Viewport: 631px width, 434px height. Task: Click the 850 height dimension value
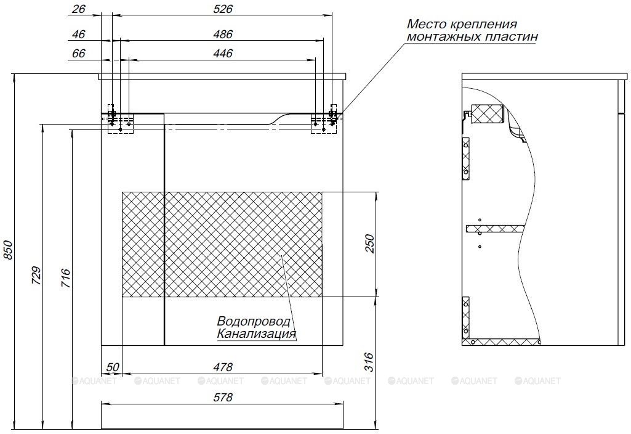[9, 250]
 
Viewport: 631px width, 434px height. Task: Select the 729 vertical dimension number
[36, 276]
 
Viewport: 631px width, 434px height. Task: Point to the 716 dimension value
[66, 278]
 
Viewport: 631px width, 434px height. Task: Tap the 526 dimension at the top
[223, 9]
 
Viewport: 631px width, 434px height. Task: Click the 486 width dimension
[223, 35]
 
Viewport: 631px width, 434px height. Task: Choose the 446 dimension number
[223, 54]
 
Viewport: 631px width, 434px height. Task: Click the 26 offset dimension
[79, 9]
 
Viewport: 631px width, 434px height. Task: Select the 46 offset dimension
[79, 35]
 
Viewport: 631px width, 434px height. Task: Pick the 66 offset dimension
[79, 54]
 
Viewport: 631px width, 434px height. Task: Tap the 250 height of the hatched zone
[369, 244]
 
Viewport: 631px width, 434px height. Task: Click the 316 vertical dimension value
[369, 362]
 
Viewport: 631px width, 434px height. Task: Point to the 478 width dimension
[223, 367]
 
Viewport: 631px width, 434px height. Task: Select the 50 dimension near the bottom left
[113, 367]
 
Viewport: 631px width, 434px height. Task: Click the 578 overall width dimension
[223, 398]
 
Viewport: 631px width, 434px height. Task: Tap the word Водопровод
[254, 321]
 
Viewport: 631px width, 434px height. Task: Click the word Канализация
[257, 334]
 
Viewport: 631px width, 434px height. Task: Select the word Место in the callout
[425, 24]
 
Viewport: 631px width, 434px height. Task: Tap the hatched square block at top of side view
[488, 113]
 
